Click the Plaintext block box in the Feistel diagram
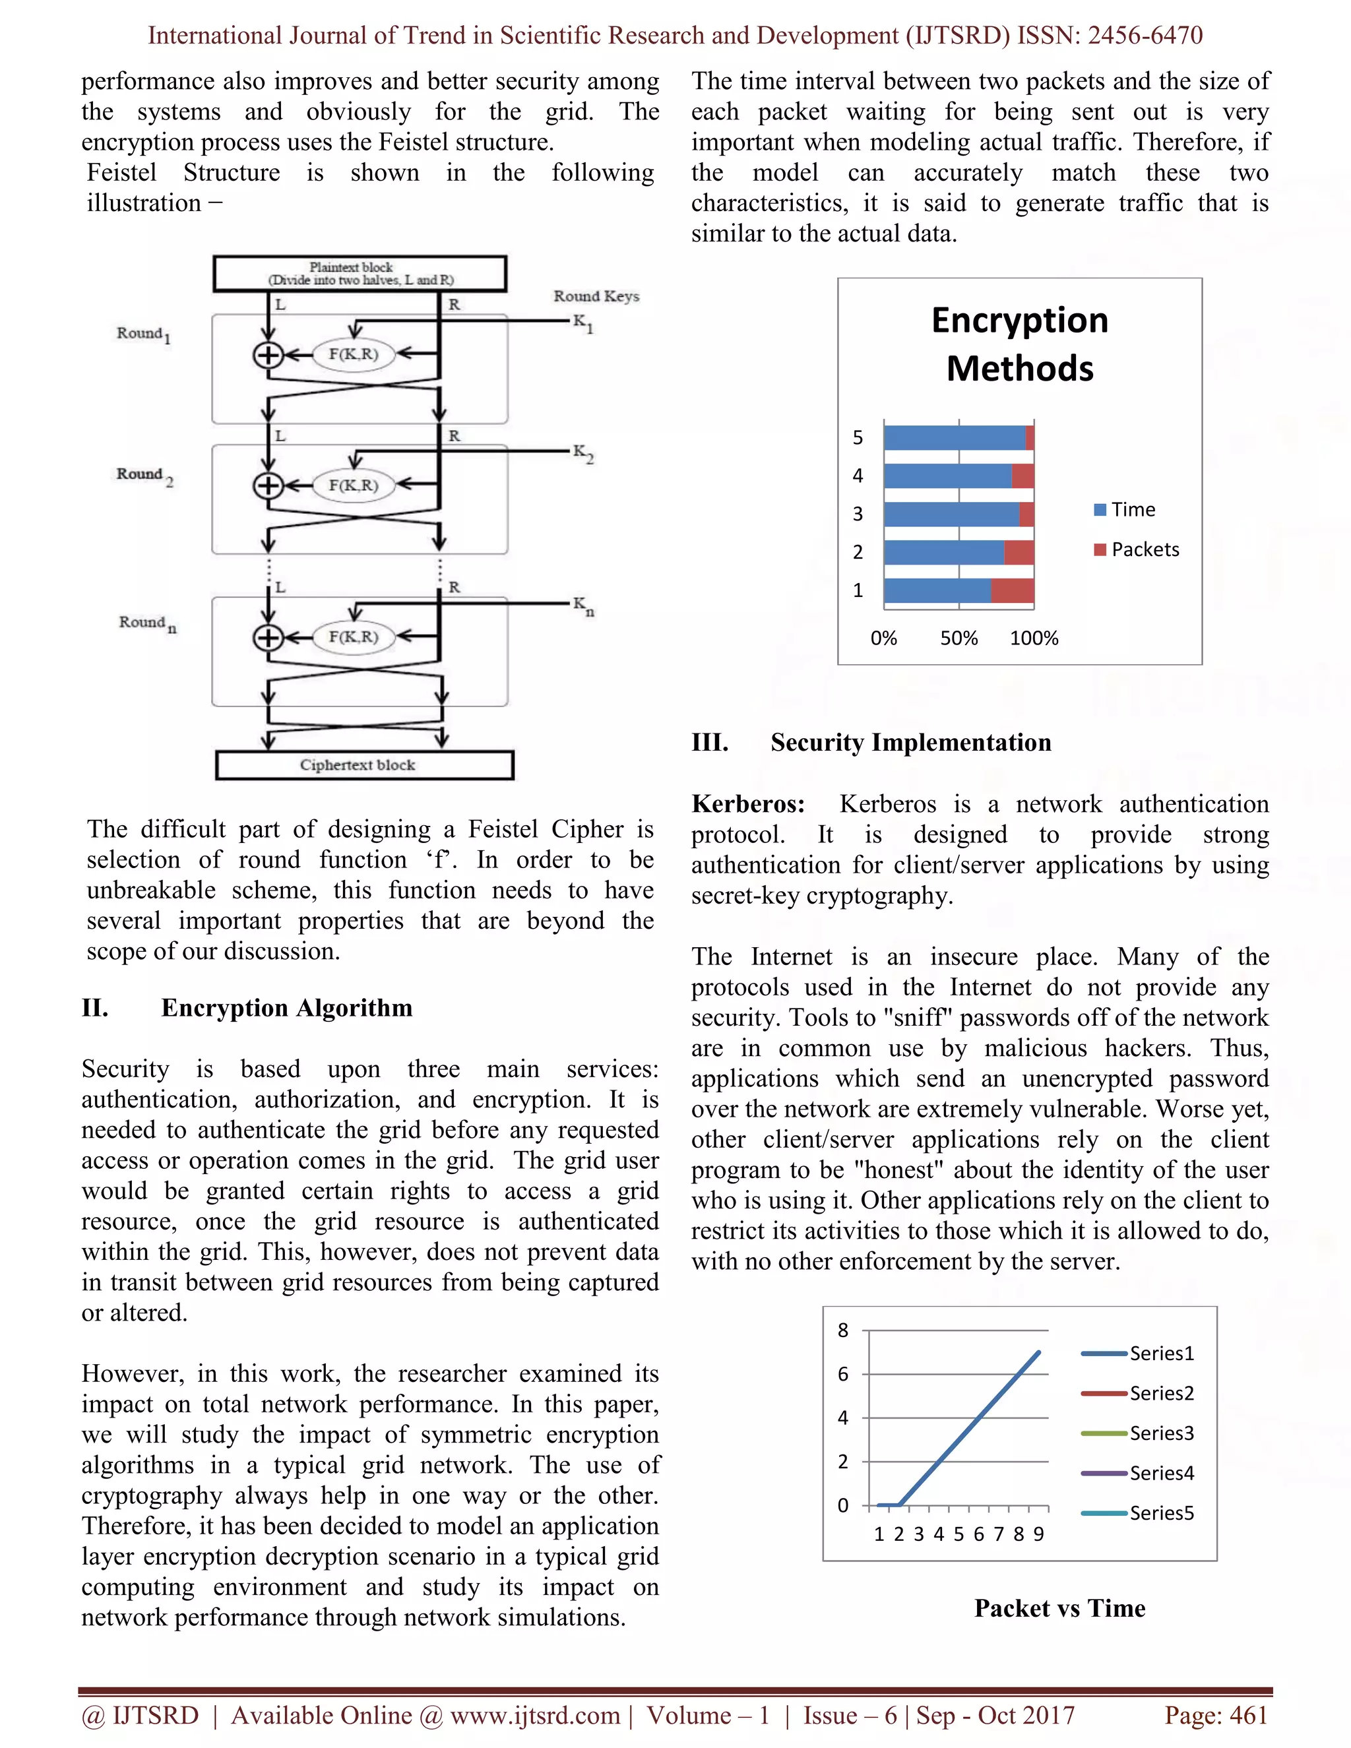click(360, 274)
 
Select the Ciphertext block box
click(364, 765)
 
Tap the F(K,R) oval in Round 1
click(353, 355)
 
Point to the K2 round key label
click(582, 454)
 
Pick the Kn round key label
click(582, 606)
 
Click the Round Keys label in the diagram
click(596, 296)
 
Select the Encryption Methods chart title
click(1020, 344)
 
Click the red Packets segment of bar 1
click(1013, 590)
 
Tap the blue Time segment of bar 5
click(954, 438)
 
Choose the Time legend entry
click(1125, 510)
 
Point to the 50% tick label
click(958, 639)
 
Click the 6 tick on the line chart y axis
click(843, 1374)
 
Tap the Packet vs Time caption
click(1059, 1608)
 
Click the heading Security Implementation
click(911, 743)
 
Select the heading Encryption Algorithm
click(286, 1008)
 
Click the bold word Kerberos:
click(748, 804)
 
